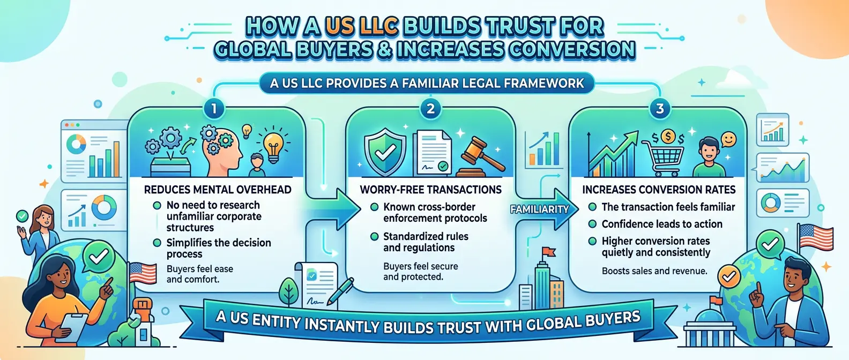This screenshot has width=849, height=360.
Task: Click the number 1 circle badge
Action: point(213,109)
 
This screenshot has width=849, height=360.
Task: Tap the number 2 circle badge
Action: point(430,109)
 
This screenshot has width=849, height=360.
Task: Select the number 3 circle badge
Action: point(660,109)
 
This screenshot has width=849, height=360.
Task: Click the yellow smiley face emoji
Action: point(728,140)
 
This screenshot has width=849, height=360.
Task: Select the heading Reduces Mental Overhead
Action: point(218,190)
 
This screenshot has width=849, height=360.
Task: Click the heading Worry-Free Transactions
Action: point(430,190)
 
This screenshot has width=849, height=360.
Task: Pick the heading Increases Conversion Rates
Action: point(659,190)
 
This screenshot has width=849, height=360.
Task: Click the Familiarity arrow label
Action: point(539,209)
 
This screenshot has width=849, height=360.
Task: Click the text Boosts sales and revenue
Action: point(654,271)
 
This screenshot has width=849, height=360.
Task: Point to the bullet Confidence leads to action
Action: point(661,224)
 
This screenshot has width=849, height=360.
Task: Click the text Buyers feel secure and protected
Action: point(420,272)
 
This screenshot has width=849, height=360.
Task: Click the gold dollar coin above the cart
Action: point(668,137)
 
